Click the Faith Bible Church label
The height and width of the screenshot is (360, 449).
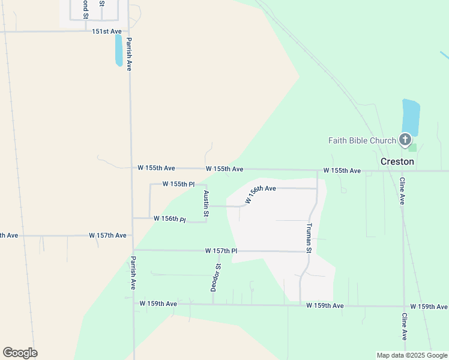pos(362,141)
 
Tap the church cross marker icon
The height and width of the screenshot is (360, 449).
pos(406,139)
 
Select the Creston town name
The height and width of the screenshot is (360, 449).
pos(397,161)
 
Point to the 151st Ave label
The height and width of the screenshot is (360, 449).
pos(107,31)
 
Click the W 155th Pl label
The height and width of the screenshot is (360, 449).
pos(178,184)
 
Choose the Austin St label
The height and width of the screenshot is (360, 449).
pos(206,203)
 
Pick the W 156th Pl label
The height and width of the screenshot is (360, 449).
pos(170,219)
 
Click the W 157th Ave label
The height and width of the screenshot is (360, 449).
pos(107,235)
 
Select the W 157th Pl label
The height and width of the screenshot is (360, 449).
pos(221,250)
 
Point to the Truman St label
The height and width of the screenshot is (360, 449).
pos(309,238)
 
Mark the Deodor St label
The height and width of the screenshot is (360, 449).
pos(216,277)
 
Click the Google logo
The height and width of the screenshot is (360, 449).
pos(20,353)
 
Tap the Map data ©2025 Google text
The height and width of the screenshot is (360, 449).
pos(412,355)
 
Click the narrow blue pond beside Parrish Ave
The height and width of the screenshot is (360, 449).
pos(119,50)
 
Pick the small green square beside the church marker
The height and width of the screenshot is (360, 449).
pos(411,147)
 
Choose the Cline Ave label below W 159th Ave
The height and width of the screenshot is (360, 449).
pos(404,327)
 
